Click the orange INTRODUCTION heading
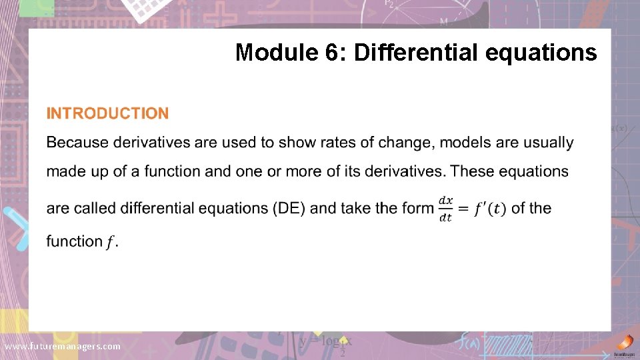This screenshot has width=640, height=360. [x=107, y=114]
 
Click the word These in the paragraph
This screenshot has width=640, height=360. [x=472, y=171]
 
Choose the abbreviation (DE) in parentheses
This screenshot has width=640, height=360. [x=289, y=208]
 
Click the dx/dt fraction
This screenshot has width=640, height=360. [x=445, y=209]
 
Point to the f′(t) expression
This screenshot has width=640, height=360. [x=490, y=209]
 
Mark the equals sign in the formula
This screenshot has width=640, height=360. [x=463, y=209]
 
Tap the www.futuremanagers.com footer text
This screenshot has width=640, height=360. [x=63, y=347]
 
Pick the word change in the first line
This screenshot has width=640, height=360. [x=403, y=143]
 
